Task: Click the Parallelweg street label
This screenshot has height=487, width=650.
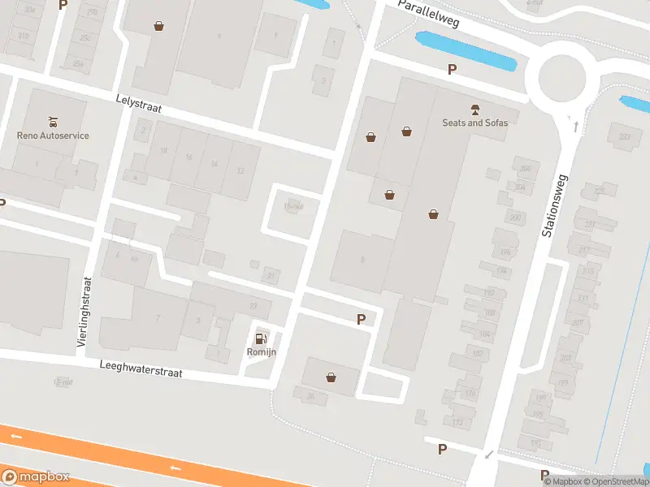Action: tap(428, 14)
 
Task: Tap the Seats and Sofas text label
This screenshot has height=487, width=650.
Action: tap(474, 123)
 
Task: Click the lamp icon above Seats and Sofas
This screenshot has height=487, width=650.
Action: tap(474, 109)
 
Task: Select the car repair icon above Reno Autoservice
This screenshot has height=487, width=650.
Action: tap(54, 122)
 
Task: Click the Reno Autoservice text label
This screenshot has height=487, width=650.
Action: tap(53, 136)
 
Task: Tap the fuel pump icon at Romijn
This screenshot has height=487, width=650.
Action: tap(261, 338)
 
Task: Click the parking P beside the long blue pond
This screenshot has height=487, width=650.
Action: tap(452, 70)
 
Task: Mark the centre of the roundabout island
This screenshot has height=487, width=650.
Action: tap(556, 79)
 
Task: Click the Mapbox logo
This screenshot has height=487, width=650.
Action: tap(36, 477)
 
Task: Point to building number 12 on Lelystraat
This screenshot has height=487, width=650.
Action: tap(240, 170)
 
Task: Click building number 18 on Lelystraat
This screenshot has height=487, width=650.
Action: tap(163, 151)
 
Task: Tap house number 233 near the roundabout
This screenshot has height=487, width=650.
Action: tap(624, 137)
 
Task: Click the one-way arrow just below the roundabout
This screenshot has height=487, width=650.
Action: tap(576, 127)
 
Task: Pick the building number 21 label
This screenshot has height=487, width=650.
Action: tap(271, 276)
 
